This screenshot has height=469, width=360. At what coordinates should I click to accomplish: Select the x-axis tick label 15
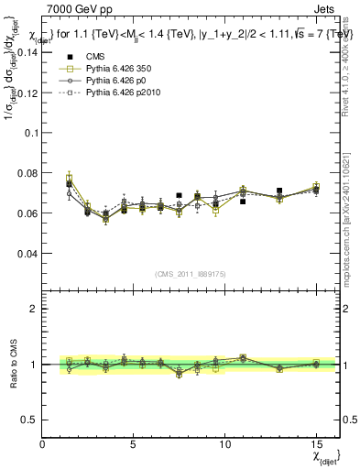[315, 443]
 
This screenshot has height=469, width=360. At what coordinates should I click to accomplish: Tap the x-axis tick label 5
[134, 443]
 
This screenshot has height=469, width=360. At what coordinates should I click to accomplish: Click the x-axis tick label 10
[224, 443]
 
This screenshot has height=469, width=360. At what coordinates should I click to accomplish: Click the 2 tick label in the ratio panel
[33, 309]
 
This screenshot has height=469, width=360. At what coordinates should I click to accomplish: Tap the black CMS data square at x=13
[279, 191]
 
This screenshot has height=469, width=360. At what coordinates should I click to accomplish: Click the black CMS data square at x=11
[243, 201]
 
